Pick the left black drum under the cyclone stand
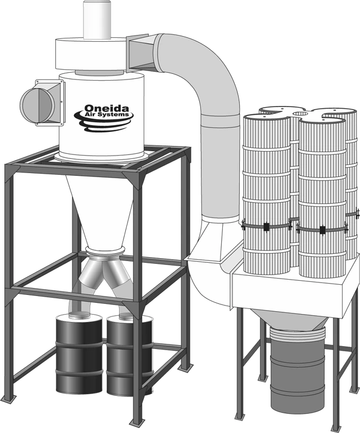click(x=79, y=352)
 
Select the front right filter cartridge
click(x=322, y=197)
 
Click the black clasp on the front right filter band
click(x=322, y=229)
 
